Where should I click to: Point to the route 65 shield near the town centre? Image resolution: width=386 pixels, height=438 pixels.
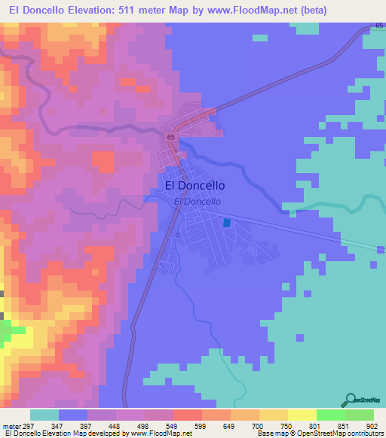point(171,136)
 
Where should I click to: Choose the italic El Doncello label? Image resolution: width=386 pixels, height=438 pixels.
point(197,202)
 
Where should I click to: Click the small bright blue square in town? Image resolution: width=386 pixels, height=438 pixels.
point(227,223)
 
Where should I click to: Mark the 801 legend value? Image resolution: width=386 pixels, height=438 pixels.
point(305,426)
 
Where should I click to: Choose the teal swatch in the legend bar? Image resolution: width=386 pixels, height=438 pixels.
point(44,415)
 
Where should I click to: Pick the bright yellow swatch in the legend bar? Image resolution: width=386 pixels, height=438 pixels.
point(302,415)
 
